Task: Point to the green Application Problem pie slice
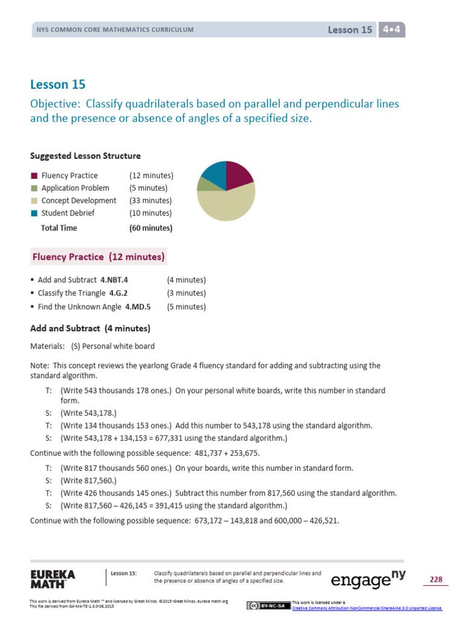[203, 184]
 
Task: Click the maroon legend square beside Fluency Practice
[34, 176]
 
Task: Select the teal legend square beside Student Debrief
[34, 213]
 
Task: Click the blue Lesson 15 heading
[58, 85]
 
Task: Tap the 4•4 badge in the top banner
[392, 29]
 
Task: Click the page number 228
[436, 580]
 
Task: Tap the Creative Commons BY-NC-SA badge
[268, 606]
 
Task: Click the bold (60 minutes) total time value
[151, 228]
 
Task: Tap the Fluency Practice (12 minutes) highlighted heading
[99, 257]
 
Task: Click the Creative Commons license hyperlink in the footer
[367, 608]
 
